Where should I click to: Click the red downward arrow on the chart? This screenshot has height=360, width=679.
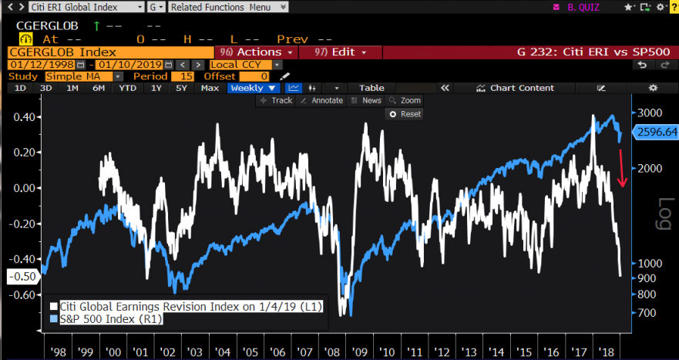coord(623,169)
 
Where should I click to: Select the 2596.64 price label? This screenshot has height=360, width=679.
coord(654,133)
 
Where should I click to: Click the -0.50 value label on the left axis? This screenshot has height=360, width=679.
coord(21,276)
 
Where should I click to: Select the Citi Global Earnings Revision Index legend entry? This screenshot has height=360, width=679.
coord(185,306)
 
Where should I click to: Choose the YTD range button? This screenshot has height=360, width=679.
coord(127,88)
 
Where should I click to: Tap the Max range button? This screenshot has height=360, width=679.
coord(210,88)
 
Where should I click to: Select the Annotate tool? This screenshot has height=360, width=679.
coord(322,101)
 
